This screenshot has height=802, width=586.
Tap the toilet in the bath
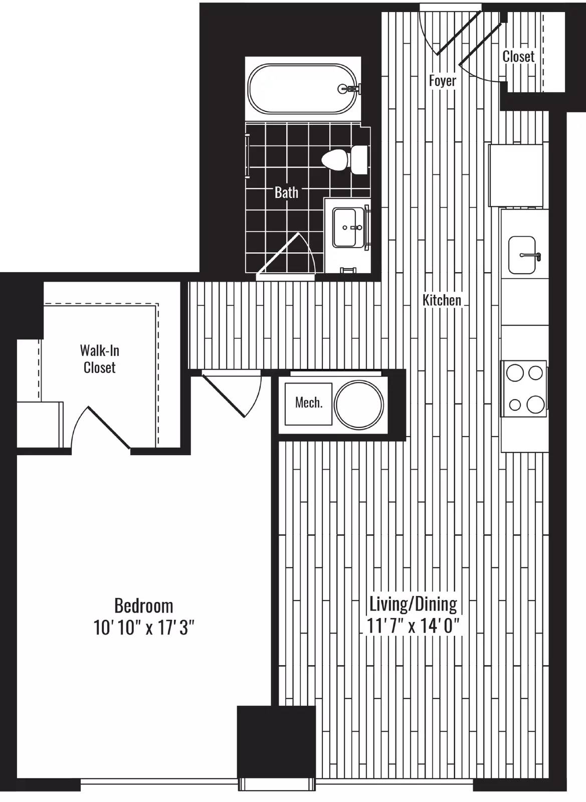tap(344, 160)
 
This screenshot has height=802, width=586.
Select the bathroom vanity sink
tap(345, 228)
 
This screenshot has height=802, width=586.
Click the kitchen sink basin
tap(523, 255)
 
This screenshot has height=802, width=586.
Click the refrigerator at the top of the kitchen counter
tap(516, 175)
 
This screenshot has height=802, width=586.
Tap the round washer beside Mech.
tap(359, 404)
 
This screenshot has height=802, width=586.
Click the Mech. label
tap(309, 403)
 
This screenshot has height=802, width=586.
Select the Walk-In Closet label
tap(100, 359)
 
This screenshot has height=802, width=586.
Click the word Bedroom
tap(143, 606)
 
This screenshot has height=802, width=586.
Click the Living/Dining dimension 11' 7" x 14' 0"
tap(413, 626)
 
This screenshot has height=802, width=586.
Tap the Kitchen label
tap(442, 300)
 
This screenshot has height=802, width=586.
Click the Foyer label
tap(443, 81)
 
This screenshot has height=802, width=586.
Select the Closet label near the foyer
tap(518, 56)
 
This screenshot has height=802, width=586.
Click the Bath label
tap(286, 192)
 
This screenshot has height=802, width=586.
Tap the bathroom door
tap(286, 254)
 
